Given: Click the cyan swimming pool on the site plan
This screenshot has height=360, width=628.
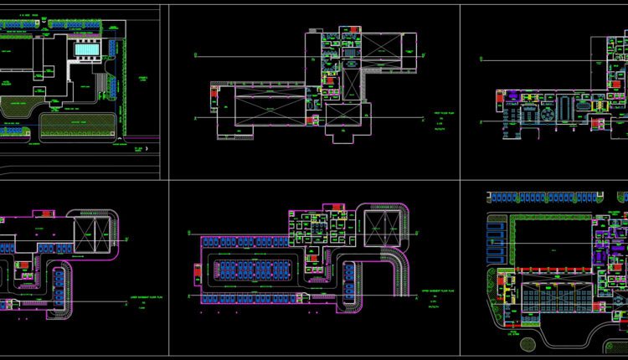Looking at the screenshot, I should [85, 51].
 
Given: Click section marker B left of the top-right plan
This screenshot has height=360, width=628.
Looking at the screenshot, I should [482, 59].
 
